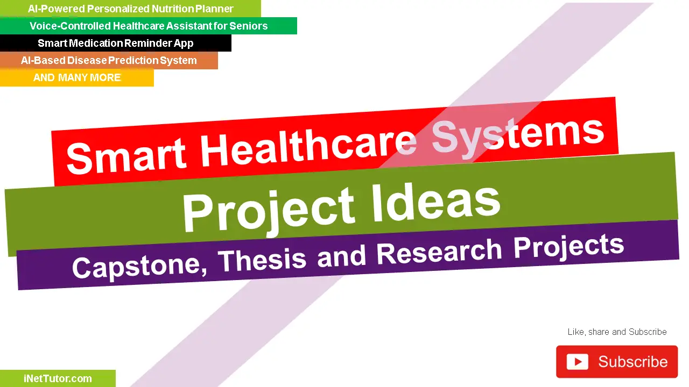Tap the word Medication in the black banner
coord(100,43)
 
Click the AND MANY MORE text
coord(77,77)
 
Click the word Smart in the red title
coord(126,155)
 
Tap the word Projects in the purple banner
coord(568,246)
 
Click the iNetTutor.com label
coord(58,378)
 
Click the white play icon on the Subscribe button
coord(577,362)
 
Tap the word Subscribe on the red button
coord(632,362)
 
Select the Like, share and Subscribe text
coord(617,332)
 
